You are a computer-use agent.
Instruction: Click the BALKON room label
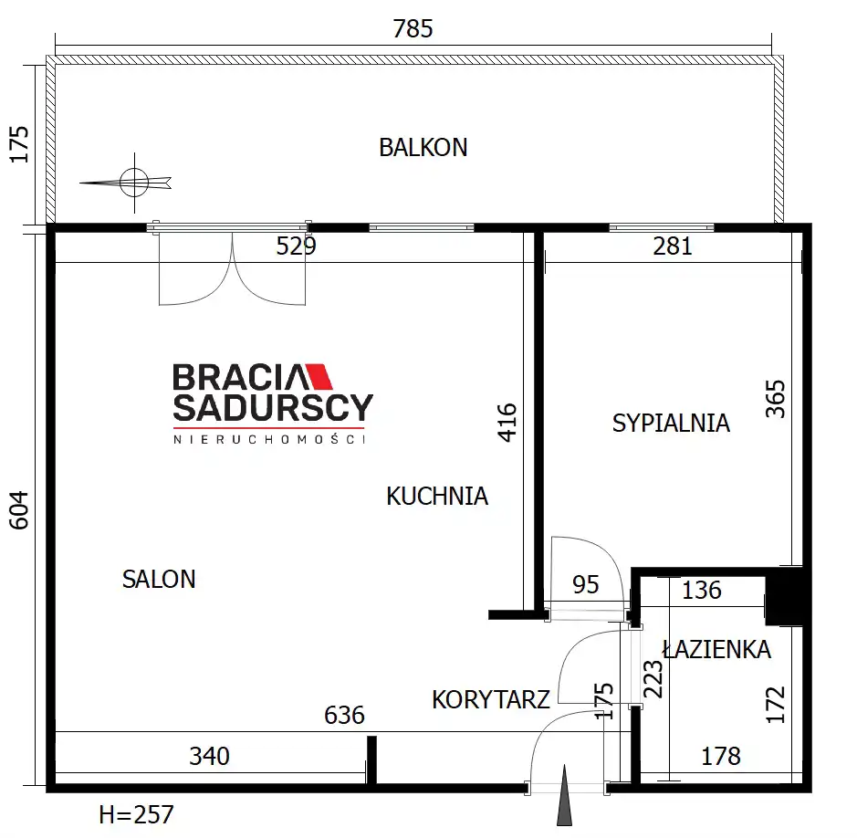pos(423,148)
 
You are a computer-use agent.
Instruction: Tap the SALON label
pos(159,580)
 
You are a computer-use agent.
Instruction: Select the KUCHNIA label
pos(437,497)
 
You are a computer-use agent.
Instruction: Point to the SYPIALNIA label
pos(671,423)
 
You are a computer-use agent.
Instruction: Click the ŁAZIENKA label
pos(716,649)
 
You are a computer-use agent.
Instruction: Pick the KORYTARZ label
pos(491,699)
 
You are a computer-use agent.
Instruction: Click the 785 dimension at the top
pos(413,28)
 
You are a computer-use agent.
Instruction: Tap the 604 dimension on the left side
pos(19,510)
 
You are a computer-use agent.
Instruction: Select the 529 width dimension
pos(296,246)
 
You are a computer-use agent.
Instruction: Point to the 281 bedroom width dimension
pos(673,246)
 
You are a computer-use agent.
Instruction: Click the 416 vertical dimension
pos(507,423)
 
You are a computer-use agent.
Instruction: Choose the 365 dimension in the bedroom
pos(775,399)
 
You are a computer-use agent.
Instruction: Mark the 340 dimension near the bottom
pos(209,757)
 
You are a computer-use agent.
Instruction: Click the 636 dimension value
pos(344,715)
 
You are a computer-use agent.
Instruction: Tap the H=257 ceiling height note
pos(136,815)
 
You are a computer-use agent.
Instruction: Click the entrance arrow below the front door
pos(565,795)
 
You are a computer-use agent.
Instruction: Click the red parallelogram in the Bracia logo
pos(319,376)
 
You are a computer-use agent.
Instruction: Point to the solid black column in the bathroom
pos(784,597)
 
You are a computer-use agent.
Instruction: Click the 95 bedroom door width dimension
pos(585,585)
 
